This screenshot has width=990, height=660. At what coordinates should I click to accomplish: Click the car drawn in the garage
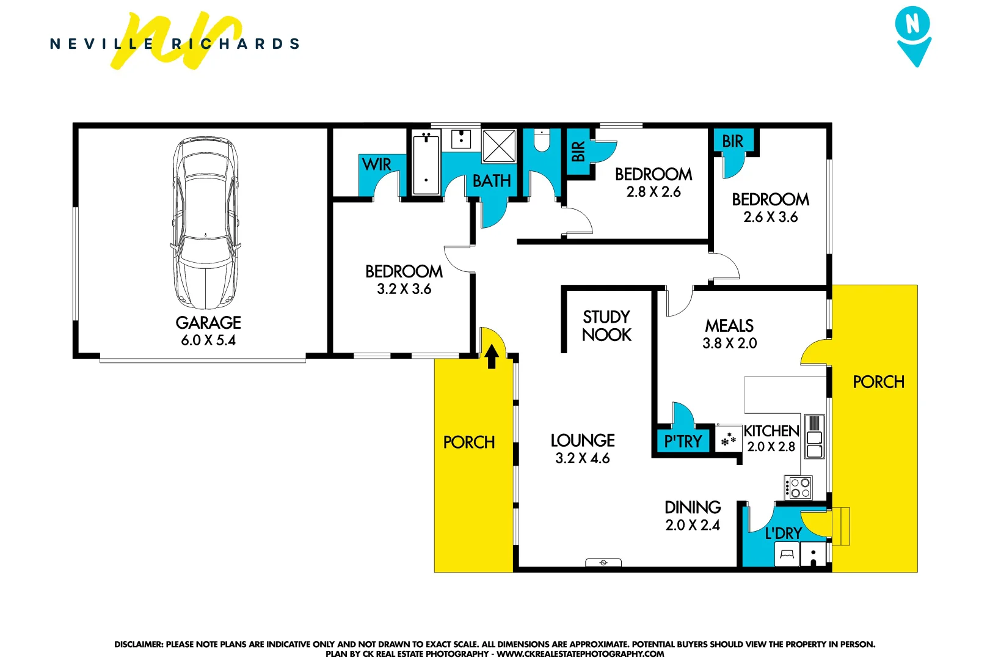pos(205,223)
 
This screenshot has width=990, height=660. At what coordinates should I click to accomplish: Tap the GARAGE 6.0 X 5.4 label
pos(208,331)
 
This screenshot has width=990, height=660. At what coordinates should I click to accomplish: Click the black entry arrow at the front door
pos(492,356)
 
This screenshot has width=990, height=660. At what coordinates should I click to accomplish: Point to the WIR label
pos(376,164)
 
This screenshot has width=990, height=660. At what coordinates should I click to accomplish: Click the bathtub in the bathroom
pos(426,164)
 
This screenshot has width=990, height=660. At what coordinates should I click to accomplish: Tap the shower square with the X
pos(499,145)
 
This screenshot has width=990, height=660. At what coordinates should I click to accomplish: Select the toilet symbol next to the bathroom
pos(542,141)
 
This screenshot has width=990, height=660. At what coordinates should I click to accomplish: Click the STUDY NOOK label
pos(606,326)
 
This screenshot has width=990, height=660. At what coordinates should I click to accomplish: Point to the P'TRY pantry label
pos(683,441)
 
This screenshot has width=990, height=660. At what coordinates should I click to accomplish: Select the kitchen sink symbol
pos(814,438)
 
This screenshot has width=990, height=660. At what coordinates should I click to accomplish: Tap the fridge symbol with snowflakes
pos(728,439)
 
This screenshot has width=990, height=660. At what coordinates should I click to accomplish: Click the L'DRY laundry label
pos(783,533)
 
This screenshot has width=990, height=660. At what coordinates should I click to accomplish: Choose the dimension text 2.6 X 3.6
pos(770,217)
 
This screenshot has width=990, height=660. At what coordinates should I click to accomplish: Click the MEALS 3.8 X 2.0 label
pos(729,334)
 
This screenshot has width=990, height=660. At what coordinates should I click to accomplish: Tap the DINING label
pos(693,507)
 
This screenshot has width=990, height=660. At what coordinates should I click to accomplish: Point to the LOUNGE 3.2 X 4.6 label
pos(582,449)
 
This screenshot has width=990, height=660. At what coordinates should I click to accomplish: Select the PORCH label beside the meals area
pos(878,382)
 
